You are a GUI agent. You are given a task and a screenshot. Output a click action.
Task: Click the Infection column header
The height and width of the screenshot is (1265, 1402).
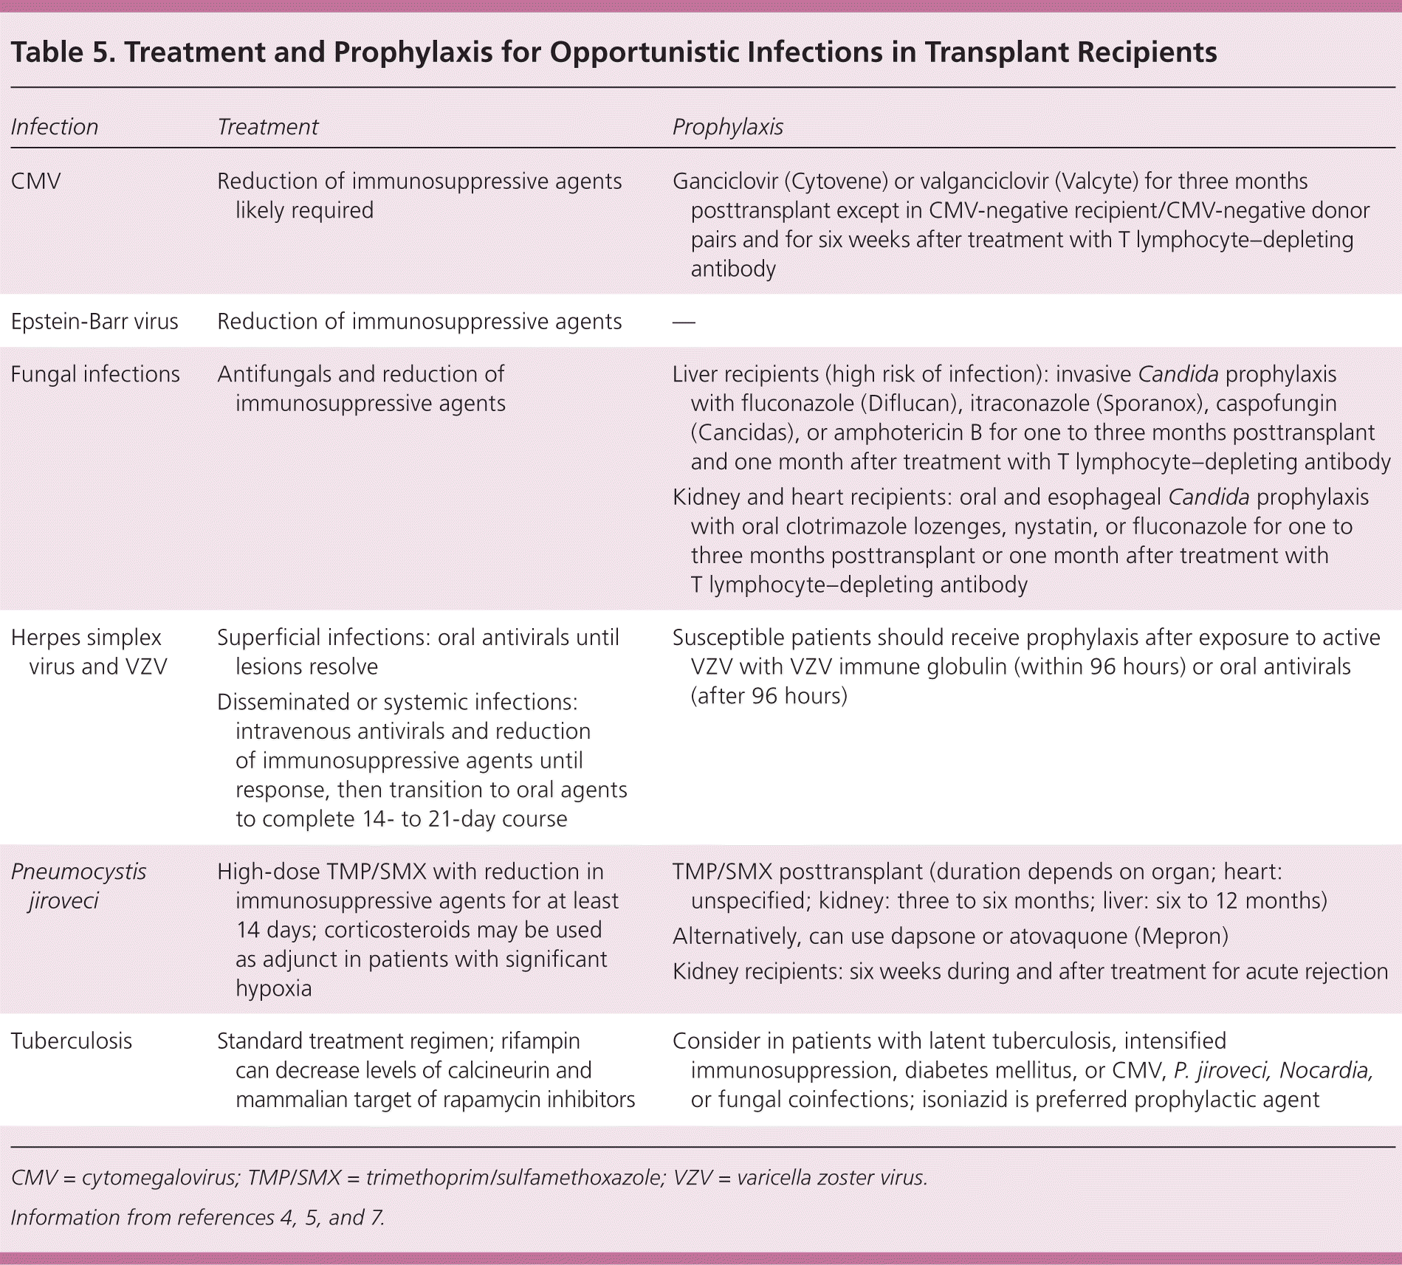pos(55,127)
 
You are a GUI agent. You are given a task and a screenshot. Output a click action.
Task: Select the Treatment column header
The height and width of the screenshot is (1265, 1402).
pos(267,127)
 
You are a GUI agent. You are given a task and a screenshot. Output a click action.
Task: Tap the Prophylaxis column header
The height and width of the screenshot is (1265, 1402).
pos(727,127)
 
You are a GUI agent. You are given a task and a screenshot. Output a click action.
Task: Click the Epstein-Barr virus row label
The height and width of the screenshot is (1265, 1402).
pos(95,322)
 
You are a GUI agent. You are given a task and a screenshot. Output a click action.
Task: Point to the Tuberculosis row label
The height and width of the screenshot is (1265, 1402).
pos(72,1041)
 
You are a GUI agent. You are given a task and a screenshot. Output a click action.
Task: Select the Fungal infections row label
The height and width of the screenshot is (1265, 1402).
pos(95,374)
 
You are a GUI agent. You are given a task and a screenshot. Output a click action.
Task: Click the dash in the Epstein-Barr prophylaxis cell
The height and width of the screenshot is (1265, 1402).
pos(684,323)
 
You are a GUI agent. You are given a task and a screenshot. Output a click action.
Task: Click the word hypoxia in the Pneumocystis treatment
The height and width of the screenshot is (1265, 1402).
pos(273,988)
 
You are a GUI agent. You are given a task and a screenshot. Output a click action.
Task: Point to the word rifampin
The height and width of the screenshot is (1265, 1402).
pos(540,1041)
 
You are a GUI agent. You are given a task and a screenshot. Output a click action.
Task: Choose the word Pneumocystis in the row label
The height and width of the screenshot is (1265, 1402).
pos(79,872)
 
